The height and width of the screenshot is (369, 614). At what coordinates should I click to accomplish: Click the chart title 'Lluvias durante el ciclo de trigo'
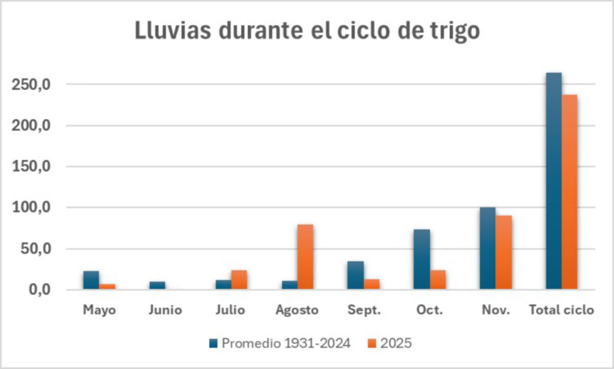(x=307, y=31)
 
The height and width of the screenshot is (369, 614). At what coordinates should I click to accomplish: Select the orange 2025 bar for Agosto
(x=305, y=257)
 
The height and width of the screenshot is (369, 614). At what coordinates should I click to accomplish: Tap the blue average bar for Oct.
(x=422, y=259)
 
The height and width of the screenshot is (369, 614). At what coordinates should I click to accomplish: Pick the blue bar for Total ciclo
(x=553, y=181)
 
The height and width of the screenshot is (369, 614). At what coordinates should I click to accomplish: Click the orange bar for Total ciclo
(x=570, y=192)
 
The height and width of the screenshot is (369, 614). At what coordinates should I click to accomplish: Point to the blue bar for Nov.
(x=487, y=249)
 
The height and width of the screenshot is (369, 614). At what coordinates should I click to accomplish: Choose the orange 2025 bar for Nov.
(x=504, y=252)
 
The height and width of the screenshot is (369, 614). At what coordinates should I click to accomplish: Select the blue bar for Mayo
(x=91, y=280)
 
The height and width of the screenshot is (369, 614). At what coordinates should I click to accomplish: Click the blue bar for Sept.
(x=355, y=276)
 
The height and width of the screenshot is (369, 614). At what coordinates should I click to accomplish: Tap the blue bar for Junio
(x=157, y=285)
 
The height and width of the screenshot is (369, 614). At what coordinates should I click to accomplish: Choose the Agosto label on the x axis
(x=297, y=310)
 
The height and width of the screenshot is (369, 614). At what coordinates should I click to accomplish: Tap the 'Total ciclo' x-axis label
(x=561, y=310)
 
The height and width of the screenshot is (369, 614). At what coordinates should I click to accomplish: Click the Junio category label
(x=165, y=310)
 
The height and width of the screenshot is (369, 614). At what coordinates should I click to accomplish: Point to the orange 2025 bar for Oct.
(x=438, y=280)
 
